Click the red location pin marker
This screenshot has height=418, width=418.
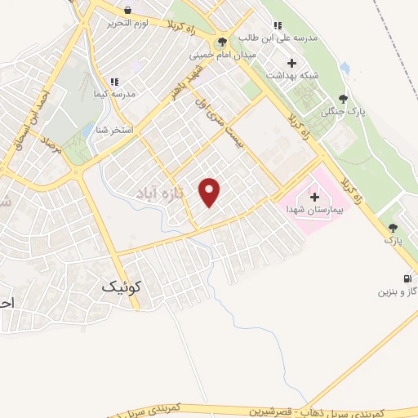210,192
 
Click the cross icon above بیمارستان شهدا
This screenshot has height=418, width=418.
314,197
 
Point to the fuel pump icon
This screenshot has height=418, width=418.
407,277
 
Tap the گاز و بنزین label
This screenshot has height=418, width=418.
395,291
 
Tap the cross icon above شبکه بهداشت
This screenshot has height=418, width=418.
291,63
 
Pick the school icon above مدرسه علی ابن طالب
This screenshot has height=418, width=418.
278,25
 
